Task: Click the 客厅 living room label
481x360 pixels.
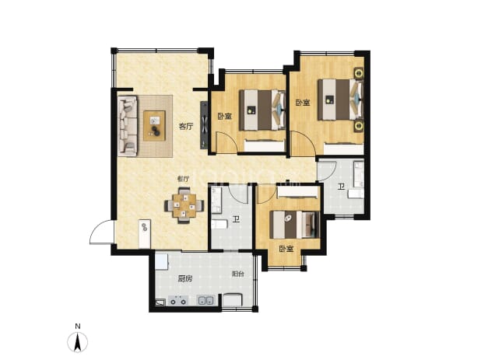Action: click(x=186, y=126)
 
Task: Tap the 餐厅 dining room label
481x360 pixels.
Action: click(x=183, y=179)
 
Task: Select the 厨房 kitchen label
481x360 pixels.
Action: click(x=185, y=279)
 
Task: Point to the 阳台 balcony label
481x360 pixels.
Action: click(x=237, y=274)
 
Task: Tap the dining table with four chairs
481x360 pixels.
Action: click(x=184, y=205)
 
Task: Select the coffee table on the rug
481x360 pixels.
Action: click(x=155, y=126)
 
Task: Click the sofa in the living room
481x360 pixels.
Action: click(x=128, y=126)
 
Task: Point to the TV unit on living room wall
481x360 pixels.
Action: click(x=204, y=125)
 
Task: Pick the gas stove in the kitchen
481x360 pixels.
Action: click(x=178, y=301)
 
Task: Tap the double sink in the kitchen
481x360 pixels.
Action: click(x=205, y=301)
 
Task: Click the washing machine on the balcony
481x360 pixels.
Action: click(x=232, y=299)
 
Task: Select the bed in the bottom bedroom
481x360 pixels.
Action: click(x=294, y=225)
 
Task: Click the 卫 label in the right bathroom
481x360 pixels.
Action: click(x=341, y=187)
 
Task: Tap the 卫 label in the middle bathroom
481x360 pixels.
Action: click(x=236, y=220)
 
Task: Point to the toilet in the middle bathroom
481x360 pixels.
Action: click(x=219, y=225)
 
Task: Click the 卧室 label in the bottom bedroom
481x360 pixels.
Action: click(x=286, y=249)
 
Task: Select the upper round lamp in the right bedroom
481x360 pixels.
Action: click(x=360, y=73)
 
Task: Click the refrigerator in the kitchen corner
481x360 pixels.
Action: click(x=161, y=261)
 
